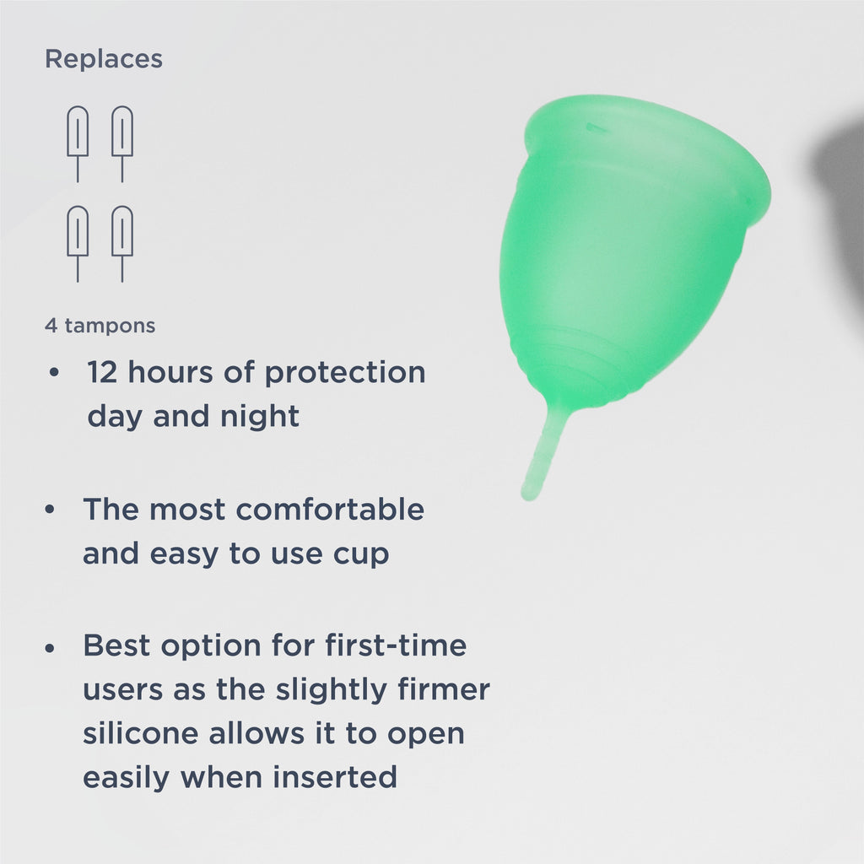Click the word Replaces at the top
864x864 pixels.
coord(103,60)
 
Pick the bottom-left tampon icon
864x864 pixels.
coord(78,240)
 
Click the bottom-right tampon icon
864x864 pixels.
coord(122,240)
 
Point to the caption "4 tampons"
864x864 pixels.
coord(100,326)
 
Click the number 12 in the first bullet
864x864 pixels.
coord(102,372)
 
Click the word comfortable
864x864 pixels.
coord(330,510)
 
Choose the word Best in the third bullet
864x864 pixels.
coord(116,646)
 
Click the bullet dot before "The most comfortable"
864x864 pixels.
coord(51,510)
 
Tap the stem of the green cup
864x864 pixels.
coord(543,451)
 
